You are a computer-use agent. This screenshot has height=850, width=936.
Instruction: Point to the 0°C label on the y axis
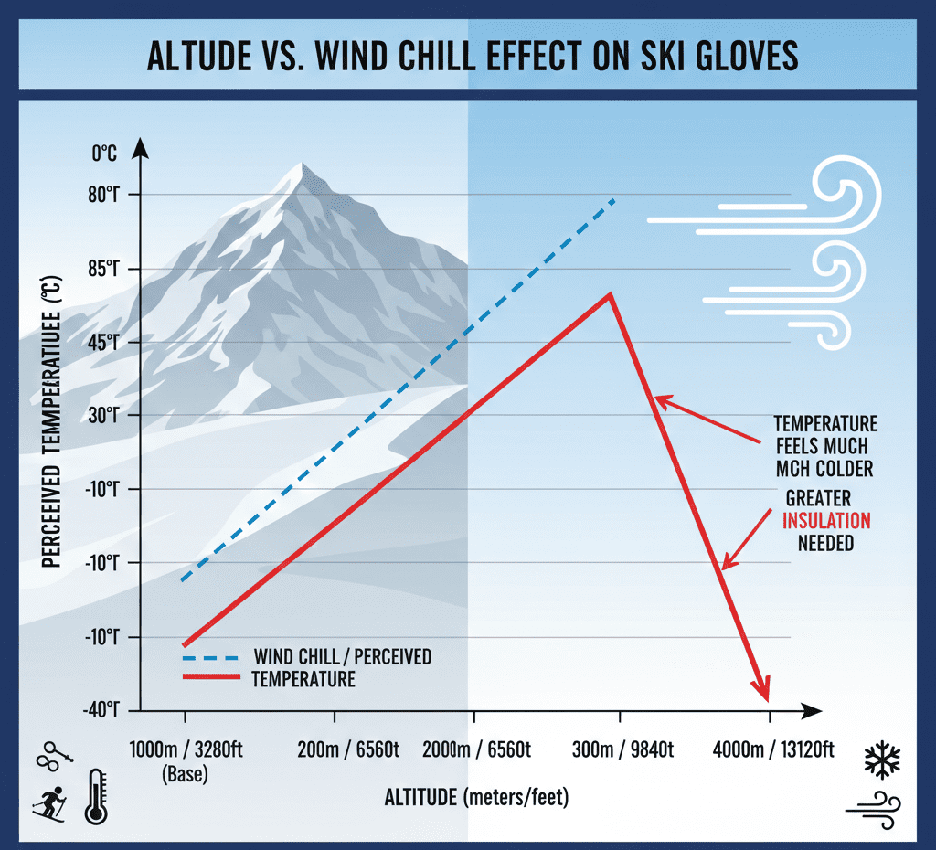pos(104,154)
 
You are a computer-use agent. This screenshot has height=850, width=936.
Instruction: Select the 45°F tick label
pos(104,342)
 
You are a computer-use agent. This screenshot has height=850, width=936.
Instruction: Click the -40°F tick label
pos(104,709)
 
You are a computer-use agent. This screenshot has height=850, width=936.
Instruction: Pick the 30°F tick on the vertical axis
pos(104,415)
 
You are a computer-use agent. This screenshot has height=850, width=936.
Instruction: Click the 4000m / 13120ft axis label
pos(772,749)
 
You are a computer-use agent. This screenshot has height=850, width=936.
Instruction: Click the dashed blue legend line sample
pos(209,658)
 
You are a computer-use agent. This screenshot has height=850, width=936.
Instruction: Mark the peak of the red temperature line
pos(610,293)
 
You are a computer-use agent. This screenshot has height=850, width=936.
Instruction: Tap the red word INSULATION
pos(826,521)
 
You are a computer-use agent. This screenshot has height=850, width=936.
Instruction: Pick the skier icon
pos(49,802)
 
